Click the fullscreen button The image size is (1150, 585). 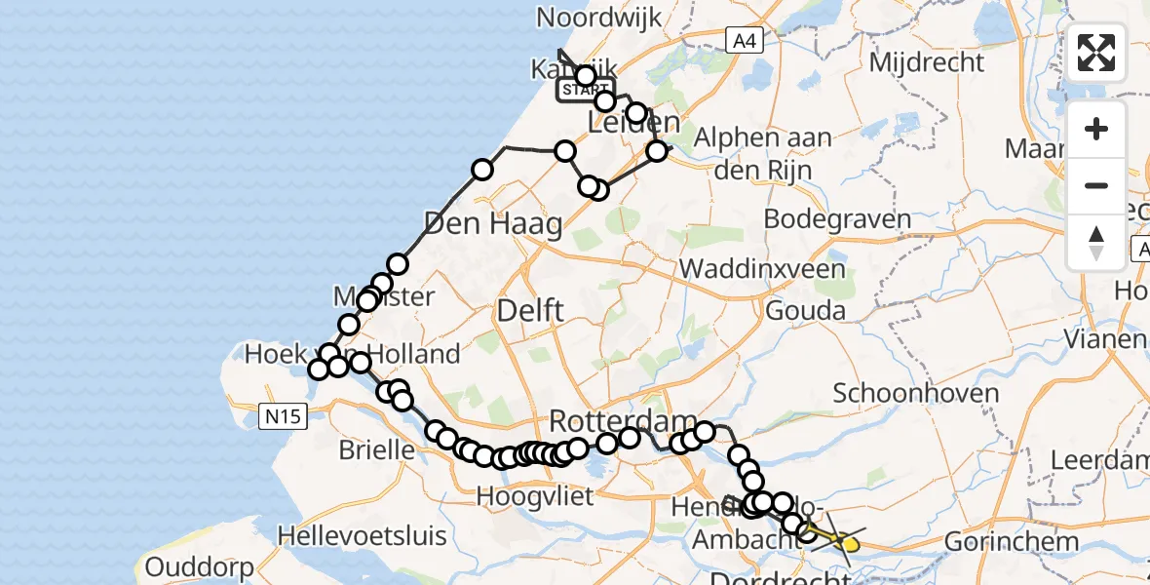tap(1096, 53)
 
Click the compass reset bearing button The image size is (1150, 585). tap(1096, 243)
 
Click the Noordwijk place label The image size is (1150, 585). tap(598, 17)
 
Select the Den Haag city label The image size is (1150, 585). tap(493, 225)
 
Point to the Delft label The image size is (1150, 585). tap(530, 312)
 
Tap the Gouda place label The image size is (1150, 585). tap(805, 312)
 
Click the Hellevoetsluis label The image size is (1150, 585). tap(363, 535)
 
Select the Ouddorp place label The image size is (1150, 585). tap(199, 565)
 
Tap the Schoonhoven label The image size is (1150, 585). tap(916, 394)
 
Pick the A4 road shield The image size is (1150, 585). tap(743, 40)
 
